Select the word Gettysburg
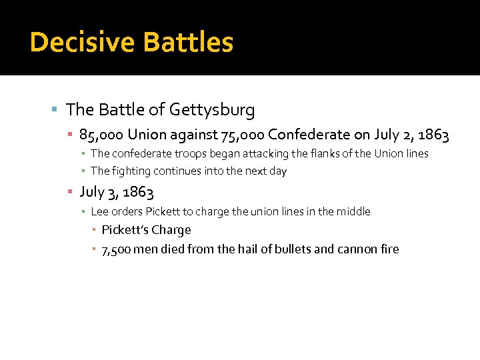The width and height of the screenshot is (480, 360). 212,109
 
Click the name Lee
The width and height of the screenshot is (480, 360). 99,212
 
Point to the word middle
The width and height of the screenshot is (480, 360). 354,212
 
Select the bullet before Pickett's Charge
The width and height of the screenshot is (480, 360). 95,230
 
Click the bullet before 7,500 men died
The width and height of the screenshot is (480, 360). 95,249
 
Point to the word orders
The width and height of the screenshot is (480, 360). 127,212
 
